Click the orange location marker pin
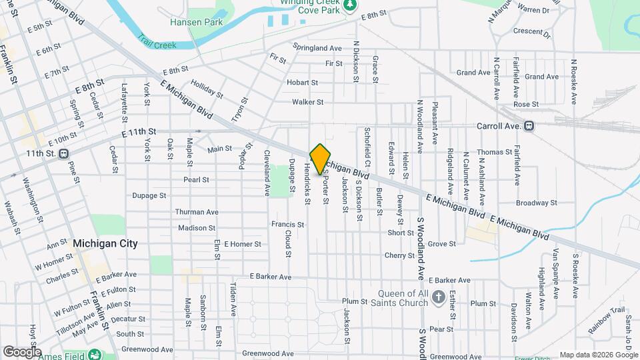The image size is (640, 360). pos(320,159)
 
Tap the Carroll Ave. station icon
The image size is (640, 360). pos(529,125)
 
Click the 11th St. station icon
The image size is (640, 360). pos(63,154)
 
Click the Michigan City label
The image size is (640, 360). pos(105,243)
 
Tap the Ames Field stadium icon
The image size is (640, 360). pos(95,355)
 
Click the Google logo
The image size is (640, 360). pos(22,351)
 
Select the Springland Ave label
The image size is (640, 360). pos(317,48)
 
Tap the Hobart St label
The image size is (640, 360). pos(302,83)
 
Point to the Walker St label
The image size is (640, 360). pos(307,102)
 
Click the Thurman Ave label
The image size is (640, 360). pos(197,212)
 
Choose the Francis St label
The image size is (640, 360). pos(288,225)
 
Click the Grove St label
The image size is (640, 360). pos(441,244)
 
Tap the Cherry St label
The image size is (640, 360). pos(400,255)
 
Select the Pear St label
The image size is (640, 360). pos(441,329)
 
